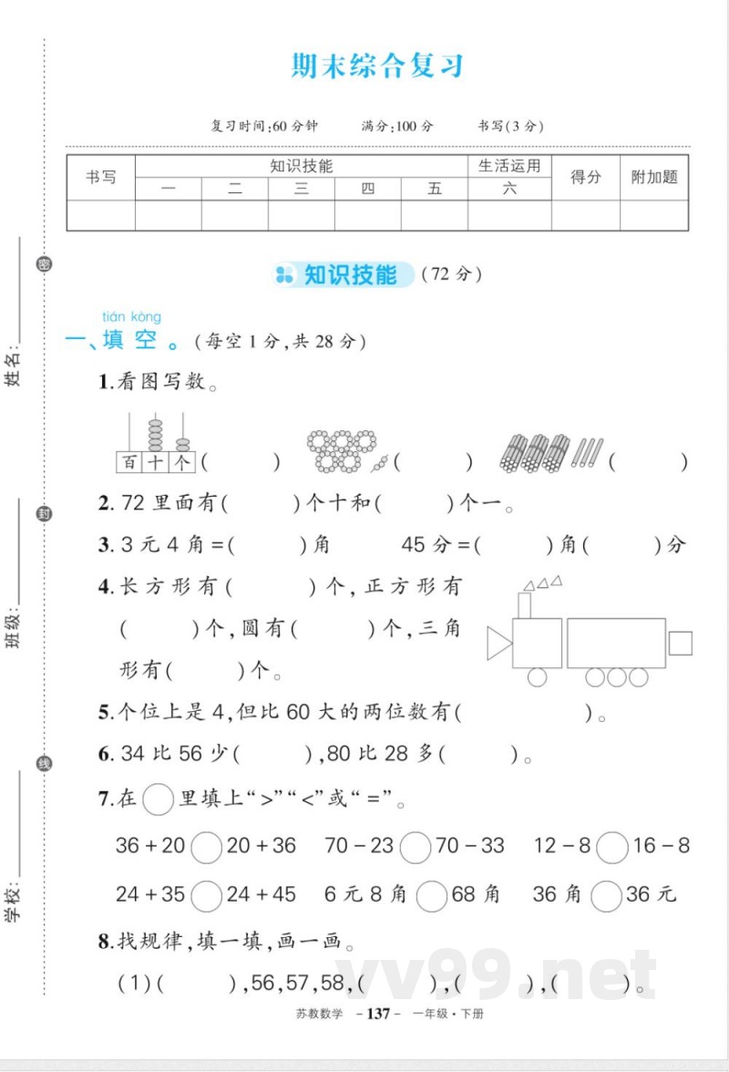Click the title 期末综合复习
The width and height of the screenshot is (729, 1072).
click(x=377, y=67)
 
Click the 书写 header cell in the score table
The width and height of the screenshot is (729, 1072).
click(x=100, y=178)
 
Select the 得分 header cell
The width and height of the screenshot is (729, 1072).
click(x=586, y=178)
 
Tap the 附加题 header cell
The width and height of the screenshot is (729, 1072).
click(x=654, y=178)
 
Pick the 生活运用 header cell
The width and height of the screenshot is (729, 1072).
click(x=509, y=166)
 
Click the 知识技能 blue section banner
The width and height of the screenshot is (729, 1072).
click(x=344, y=274)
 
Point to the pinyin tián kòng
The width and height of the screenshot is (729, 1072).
click(x=131, y=316)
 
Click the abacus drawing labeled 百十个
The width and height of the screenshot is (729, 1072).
click(x=156, y=443)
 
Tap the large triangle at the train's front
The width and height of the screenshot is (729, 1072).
click(x=498, y=643)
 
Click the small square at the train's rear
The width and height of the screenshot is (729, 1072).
click(x=680, y=643)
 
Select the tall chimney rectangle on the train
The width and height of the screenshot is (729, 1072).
click(x=524, y=605)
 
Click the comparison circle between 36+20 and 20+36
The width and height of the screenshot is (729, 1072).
click(x=207, y=847)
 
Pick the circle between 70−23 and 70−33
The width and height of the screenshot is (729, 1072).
click(x=416, y=847)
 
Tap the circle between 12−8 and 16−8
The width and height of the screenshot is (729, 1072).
click(x=611, y=847)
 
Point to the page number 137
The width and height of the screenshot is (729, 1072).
click(x=377, y=1014)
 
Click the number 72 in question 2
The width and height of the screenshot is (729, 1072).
click(x=134, y=503)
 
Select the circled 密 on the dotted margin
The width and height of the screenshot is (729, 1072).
click(x=44, y=264)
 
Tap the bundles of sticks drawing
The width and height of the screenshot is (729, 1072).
click(x=550, y=453)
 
